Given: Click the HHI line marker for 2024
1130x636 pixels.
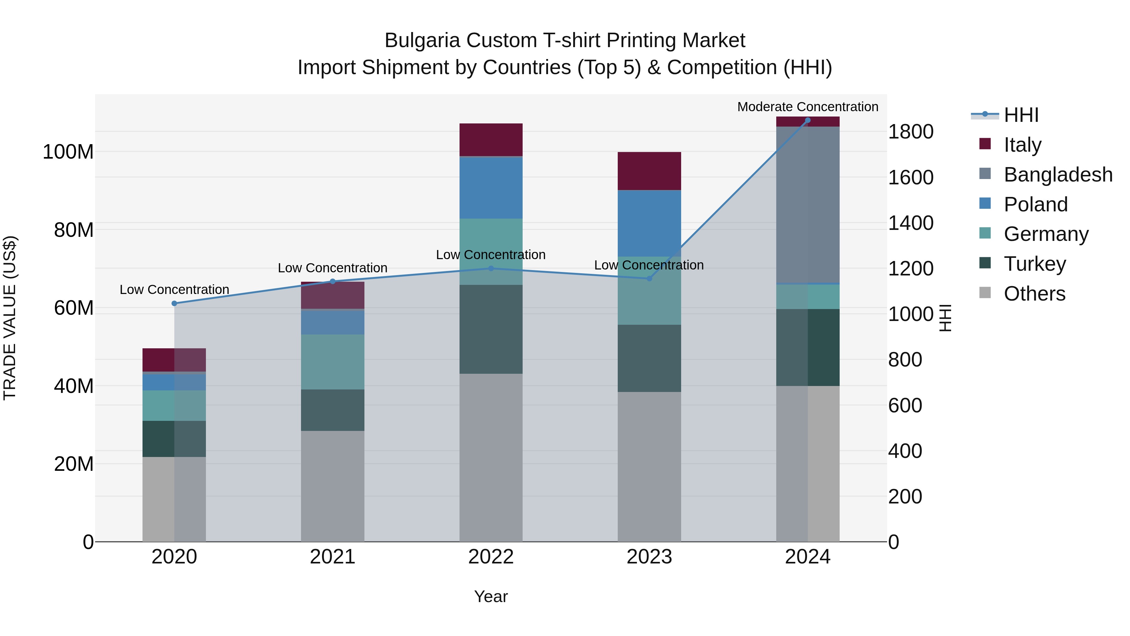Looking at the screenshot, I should [808, 120].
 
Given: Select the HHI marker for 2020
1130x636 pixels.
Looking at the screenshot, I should [174, 303].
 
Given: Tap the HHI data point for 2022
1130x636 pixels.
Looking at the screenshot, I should [491, 268].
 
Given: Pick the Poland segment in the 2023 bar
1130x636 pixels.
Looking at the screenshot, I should [649, 223].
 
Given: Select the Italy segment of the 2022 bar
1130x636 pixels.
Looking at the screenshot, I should [491, 139].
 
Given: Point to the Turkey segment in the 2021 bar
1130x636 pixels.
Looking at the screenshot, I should [332, 410].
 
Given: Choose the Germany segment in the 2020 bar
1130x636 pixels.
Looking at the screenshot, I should [174, 405].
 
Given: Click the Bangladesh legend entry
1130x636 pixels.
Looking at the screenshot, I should [1057, 175].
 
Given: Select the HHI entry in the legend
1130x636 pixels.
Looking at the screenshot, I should [1021, 115].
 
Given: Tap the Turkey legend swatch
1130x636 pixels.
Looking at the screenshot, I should [985, 264].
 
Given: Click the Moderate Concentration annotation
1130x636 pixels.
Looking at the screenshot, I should [808, 107].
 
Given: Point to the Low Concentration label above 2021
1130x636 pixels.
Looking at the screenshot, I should [332, 268].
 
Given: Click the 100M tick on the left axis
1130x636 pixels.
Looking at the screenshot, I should [68, 152].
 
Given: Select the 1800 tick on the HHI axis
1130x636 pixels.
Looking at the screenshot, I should [911, 132].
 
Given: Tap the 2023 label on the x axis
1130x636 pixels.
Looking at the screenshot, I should [649, 557].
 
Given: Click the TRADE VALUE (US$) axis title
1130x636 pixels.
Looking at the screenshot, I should [10, 318].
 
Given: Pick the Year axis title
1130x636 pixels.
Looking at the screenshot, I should [491, 596].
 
